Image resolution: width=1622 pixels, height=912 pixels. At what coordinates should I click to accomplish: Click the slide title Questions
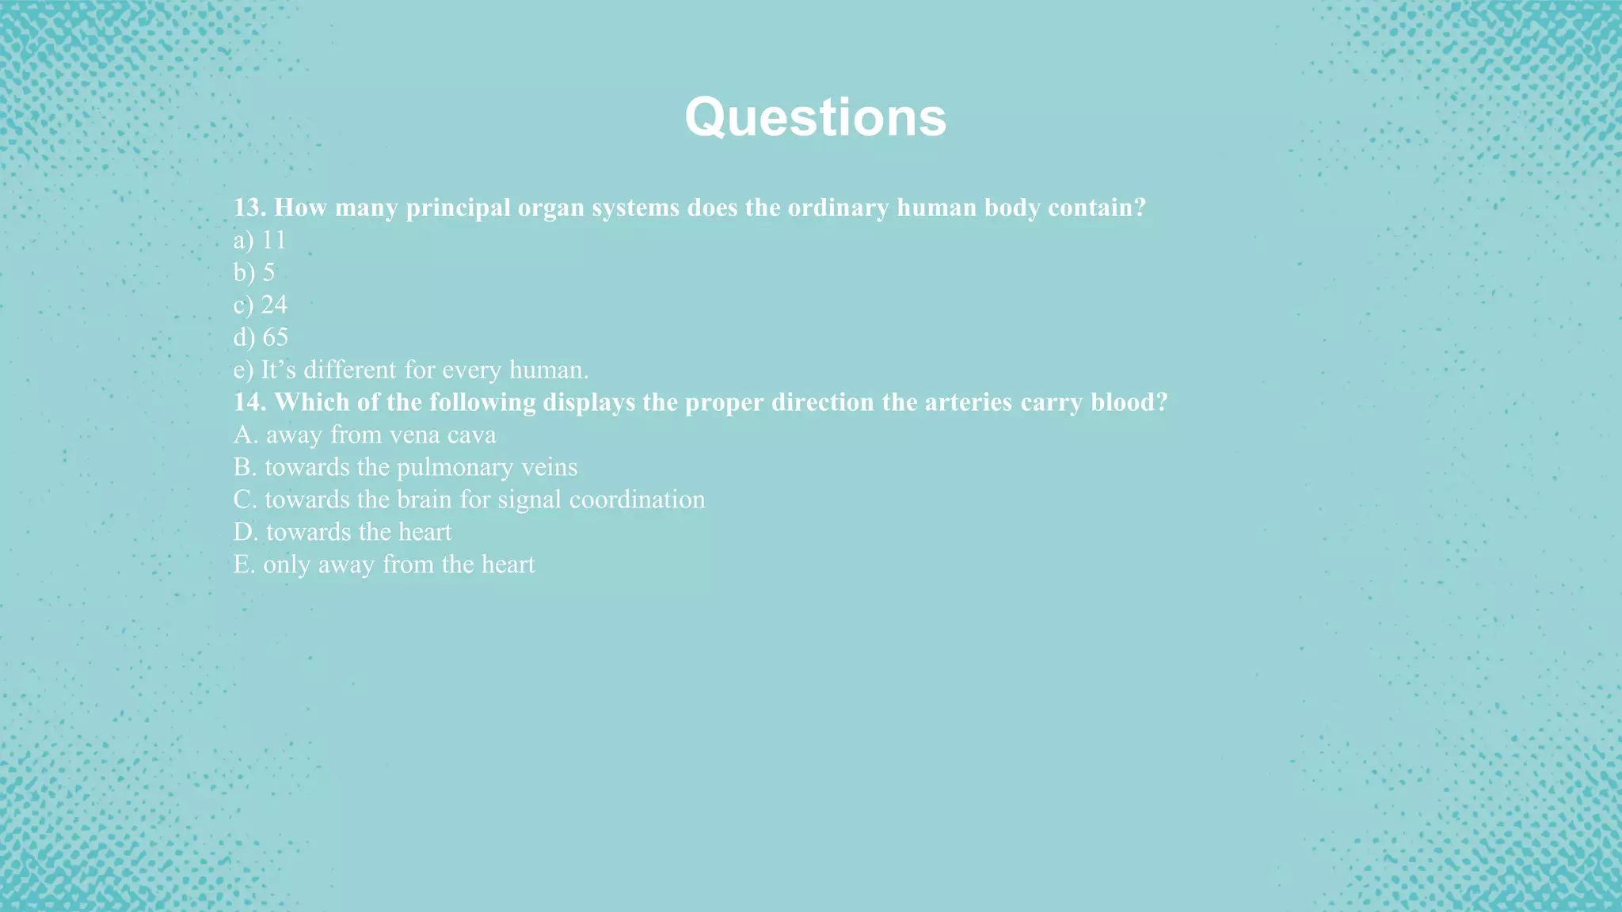[815, 118]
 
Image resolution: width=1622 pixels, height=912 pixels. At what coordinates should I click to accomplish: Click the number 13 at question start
[249, 208]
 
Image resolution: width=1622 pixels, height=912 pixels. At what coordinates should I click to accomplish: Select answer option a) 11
[259, 240]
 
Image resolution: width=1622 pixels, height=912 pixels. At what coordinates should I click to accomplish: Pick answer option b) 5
[253, 272]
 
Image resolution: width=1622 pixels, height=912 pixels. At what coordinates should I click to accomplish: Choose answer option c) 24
[260, 305]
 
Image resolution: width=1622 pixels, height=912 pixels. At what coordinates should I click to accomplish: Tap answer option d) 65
[261, 337]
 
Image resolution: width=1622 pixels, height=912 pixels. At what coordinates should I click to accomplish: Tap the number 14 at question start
[249, 402]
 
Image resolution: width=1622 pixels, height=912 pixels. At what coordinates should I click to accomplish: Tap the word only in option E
[287, 565]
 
